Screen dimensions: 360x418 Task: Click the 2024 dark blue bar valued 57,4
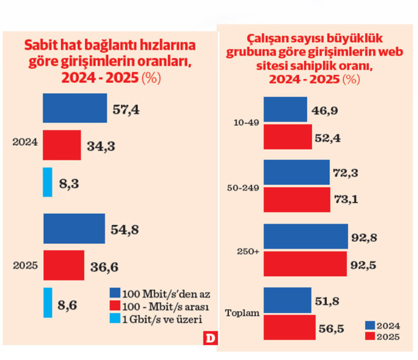pyautogui.click(x=75, y=108)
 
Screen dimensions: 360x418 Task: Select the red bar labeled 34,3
pyautogui.click(x=62, y=145)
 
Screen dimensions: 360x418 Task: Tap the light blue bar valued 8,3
pyautogui.click(x=47, y=182)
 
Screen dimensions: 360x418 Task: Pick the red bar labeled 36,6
pyautogui.click(x=63, y=265)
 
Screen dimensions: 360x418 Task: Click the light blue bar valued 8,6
pyautogui.click(x=47, y=302)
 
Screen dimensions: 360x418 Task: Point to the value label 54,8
pyautogui.click(x=125, y=229)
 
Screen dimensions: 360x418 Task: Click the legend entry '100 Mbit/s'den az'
pyautogui.click(x=160, y=294)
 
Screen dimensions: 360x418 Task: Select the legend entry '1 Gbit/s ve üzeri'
pyautogui.click(x=156, y=319)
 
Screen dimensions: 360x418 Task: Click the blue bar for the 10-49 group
pyautogui.click(x=285, y=109)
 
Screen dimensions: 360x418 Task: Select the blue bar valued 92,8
pyautogui.click(x=305, y=237)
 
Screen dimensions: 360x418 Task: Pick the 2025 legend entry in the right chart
pyautogui.click(x=382, y=337)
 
